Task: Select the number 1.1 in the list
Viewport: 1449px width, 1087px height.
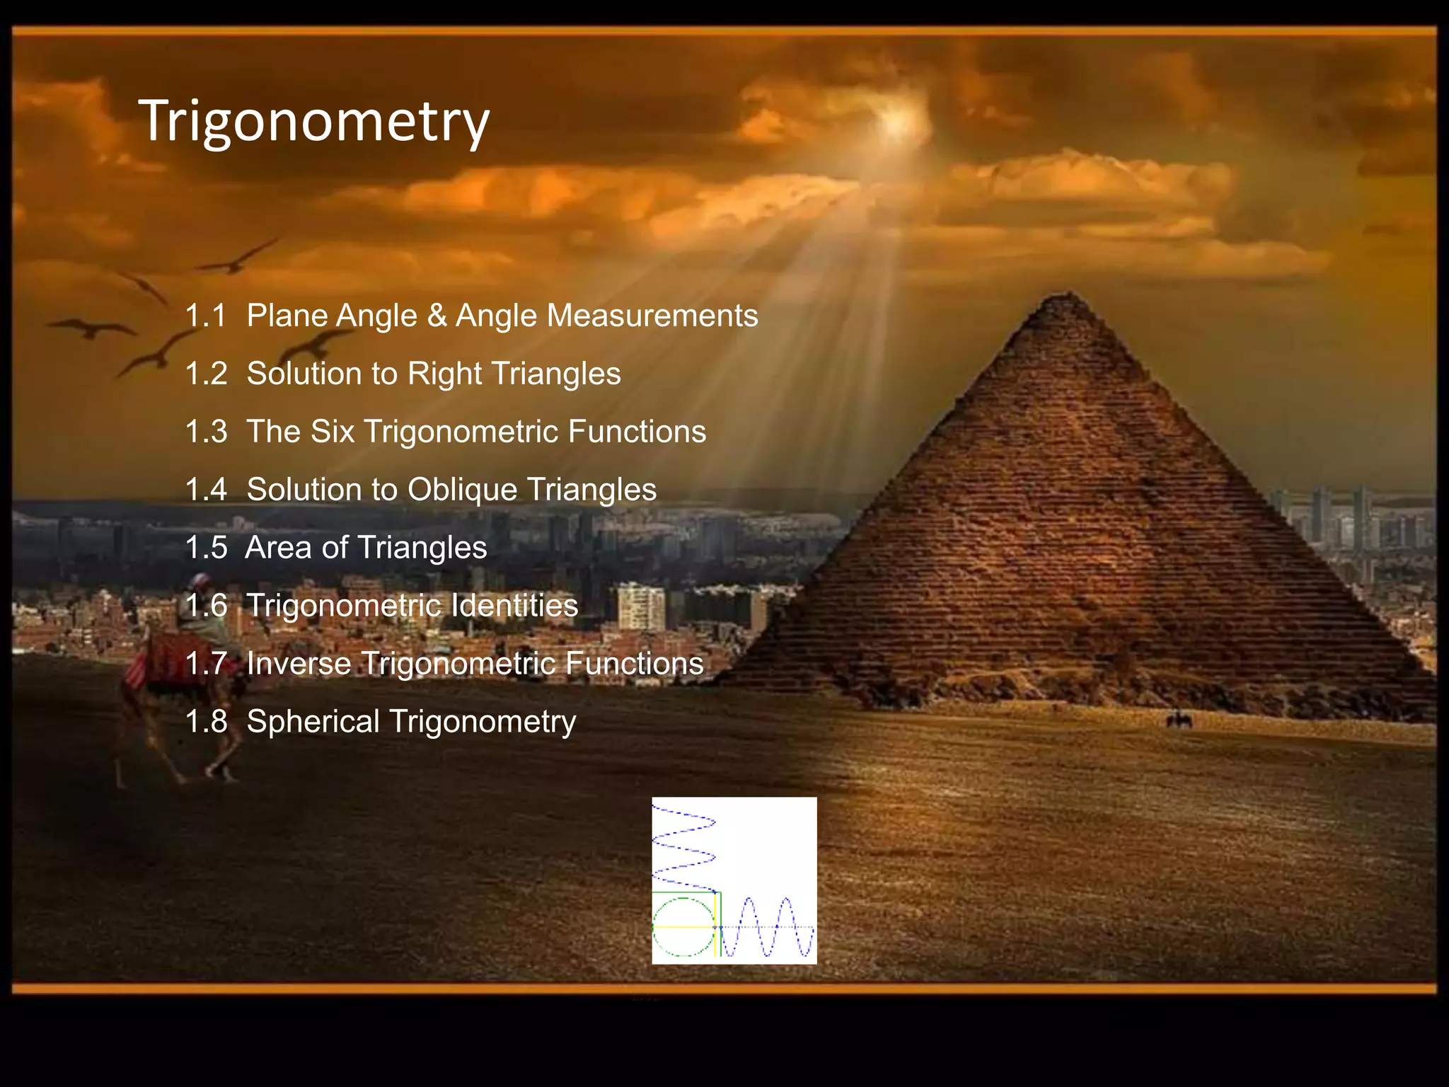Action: (x=205, y=316)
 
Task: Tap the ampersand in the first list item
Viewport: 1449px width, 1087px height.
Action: (x=437, y=316)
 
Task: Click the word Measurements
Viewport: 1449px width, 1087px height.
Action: (x=652, y=316)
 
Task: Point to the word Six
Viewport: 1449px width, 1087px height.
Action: (x=332, y=432)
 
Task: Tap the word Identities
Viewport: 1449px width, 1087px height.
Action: (x=514, y=606)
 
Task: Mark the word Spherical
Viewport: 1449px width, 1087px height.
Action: (x=313, y=722)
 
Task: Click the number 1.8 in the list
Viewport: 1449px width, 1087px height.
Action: (x=205, y=722)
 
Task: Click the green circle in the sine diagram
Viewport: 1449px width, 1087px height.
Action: (x=683, y=926)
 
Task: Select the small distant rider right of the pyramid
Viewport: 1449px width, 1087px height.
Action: (x=1179, y=720)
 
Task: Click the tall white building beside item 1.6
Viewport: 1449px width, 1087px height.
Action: (x=640, y=606)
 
